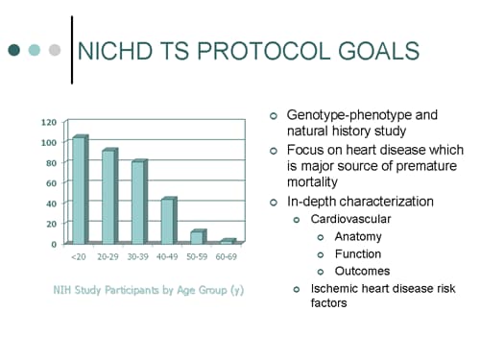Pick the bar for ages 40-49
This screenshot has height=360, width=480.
pos(167,221)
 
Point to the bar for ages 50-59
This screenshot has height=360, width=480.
pos(196,237)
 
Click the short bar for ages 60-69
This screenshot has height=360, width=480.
pos(227,241)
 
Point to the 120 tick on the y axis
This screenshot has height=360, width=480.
pos(48,123)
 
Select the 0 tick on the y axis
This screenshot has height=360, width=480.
pos(54,244)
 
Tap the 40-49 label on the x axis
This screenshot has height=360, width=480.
pos(167,257)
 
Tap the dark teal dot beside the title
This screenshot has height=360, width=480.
pos(14,50)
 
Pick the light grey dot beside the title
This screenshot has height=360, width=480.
pos(55,50)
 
